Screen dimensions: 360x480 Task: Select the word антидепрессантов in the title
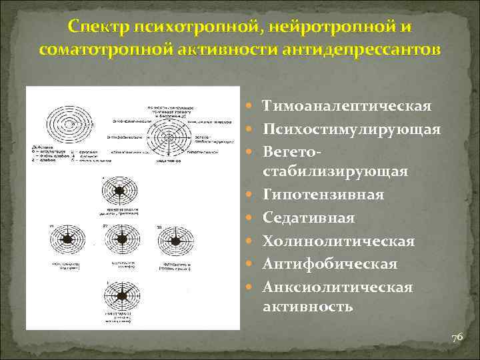368,50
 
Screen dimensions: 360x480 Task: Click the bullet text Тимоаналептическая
347,106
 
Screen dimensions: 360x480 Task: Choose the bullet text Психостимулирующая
351,129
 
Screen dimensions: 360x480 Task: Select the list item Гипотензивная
323,195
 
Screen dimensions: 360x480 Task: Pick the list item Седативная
309,218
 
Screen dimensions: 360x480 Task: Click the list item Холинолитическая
339,241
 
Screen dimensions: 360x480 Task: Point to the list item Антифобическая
330,264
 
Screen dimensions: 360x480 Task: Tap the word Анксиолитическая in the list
338,287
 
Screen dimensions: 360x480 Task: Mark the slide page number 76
457,338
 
